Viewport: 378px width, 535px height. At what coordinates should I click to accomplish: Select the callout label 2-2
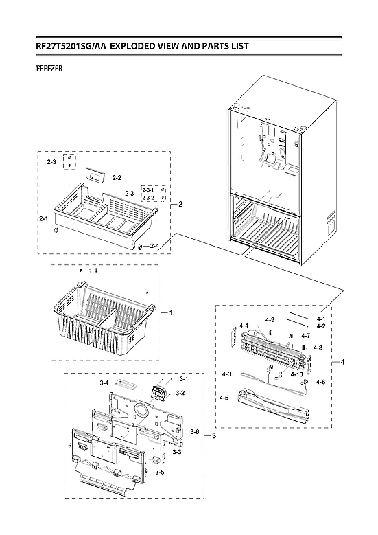tap(117, 177)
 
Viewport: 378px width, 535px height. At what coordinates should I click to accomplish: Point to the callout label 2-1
tap(43, 218)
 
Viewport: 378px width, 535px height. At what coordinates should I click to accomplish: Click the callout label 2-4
tap(155, 246)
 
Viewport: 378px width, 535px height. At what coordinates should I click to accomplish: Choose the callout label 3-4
tap(104, 382)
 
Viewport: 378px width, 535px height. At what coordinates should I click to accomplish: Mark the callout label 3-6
tap(194, 431)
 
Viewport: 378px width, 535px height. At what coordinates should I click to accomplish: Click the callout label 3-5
tap(159, 473)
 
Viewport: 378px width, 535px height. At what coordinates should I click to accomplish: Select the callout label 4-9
tap(270, 319)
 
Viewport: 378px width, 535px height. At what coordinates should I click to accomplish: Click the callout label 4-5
tap(224, 398)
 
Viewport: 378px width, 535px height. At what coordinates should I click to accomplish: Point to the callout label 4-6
tap(320, 382)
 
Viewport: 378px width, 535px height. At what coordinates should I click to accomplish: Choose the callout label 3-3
tap(176, 452)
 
